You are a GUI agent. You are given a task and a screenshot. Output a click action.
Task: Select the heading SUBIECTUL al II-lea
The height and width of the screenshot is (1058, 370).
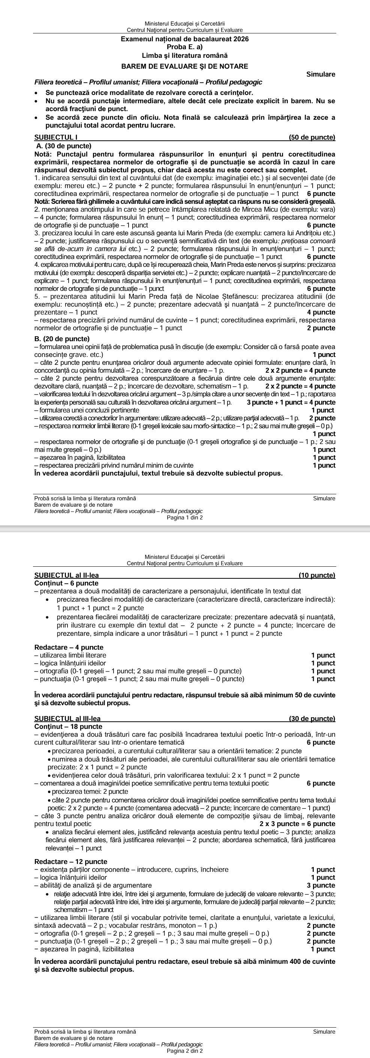[x=66, y=575]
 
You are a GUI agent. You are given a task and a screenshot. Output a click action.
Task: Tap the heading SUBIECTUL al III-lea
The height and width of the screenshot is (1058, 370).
[x=67, y=718]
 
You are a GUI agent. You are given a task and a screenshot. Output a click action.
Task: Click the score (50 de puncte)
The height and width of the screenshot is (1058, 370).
[x=312, y=137]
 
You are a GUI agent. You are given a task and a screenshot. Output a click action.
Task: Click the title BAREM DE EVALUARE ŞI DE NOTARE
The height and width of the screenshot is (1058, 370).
[x=184, y=66]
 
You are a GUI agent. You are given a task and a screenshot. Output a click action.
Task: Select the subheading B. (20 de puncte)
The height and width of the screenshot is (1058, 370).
[x=62, y=339]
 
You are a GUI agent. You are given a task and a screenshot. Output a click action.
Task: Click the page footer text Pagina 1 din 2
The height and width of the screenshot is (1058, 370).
[x=184, y=518]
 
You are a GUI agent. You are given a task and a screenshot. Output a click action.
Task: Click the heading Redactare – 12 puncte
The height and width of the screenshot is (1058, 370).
[x=71, y=862]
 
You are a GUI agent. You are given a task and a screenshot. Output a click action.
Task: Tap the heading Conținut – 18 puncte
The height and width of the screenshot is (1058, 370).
[x=69, y=726]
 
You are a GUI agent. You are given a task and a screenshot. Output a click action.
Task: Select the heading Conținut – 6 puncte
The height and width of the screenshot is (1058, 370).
[x=66, y=583]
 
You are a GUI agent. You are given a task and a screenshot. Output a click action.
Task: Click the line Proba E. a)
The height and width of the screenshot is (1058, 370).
[x=184, y=47]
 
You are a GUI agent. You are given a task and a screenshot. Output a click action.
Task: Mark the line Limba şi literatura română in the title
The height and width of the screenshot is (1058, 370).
[x=184, y=56]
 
